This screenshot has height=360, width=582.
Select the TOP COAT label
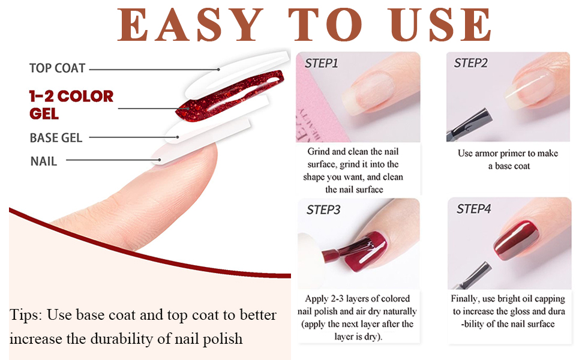point(58,68)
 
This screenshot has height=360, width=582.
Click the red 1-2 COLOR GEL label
point(71,104)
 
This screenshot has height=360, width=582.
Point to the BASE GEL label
point(56,138)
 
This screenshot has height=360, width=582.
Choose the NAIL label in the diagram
point(44,161)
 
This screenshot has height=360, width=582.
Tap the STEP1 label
point(322,64)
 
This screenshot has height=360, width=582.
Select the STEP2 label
point(470,63)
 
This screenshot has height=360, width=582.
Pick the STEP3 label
point(323,210)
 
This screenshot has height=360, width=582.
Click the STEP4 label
point(473,209)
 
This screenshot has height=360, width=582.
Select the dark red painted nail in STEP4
point(516,240)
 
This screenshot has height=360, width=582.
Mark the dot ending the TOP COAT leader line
point(219,70)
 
